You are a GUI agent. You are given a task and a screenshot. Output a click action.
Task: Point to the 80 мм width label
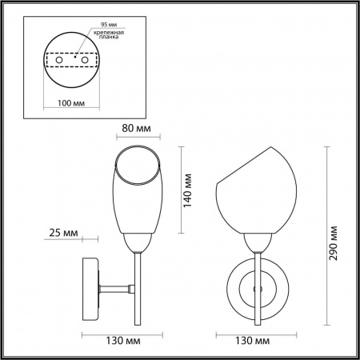coord(136,129)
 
